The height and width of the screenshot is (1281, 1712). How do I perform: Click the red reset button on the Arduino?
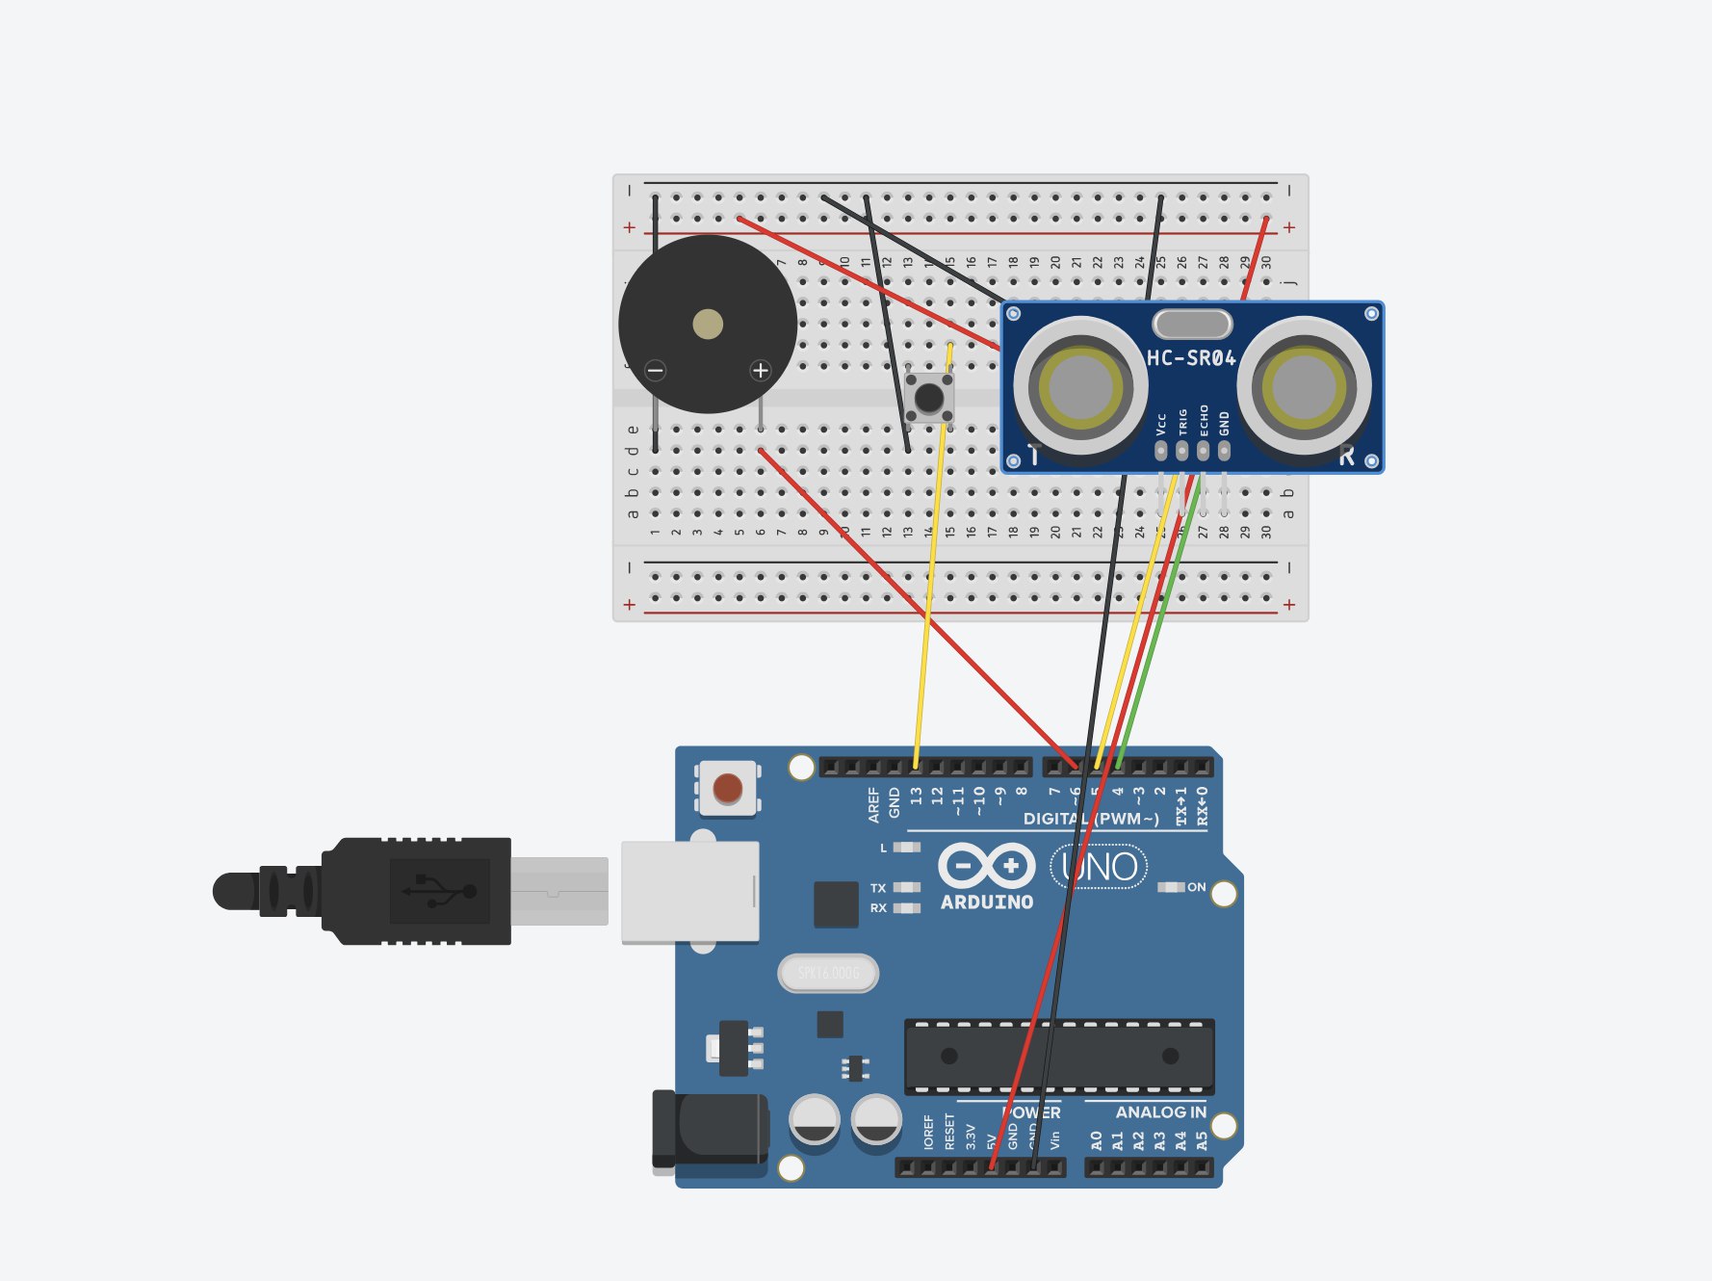728,788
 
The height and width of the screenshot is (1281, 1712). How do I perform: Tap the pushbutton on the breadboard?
928,397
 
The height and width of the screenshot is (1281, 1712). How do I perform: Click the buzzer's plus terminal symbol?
761,370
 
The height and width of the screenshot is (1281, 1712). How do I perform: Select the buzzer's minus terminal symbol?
656,370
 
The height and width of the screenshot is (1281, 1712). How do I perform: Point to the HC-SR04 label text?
1191,358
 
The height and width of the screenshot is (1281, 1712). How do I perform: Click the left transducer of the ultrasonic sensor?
1079,387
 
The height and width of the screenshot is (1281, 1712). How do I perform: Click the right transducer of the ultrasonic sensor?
1305,387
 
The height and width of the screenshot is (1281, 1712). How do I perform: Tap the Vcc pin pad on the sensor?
1161,450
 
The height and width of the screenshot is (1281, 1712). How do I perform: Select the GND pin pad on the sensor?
1224,450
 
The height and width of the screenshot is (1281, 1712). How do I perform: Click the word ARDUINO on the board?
987,902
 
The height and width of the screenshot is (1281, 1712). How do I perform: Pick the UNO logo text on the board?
1100,867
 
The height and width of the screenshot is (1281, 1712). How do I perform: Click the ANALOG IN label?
1160,1112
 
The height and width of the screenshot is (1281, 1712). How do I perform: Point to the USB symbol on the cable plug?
440,891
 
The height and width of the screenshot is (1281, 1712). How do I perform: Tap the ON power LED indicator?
1172,887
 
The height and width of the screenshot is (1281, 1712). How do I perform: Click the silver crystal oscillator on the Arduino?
828,973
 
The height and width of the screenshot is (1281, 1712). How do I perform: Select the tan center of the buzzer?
708,324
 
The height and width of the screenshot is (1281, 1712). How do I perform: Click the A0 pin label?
1097,1140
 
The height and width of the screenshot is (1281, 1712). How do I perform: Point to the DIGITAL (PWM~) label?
1091,819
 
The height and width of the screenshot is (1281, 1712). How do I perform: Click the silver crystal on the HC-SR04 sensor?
1192,324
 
